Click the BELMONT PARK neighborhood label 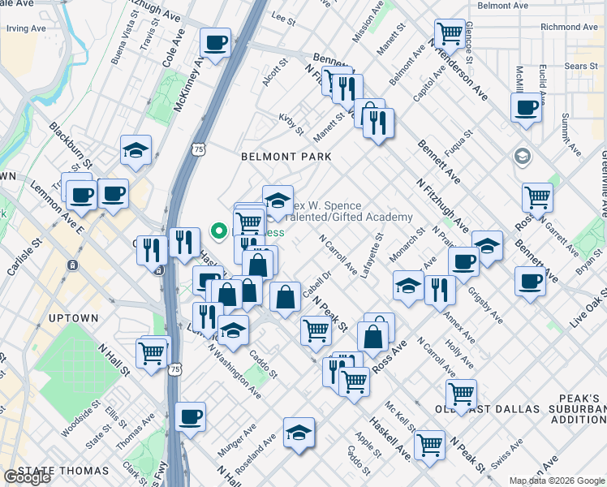tap(285, 156)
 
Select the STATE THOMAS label tap(62, 471)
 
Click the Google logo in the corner tap(27, 477)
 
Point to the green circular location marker tap(217, 232)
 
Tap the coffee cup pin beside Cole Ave tap(215, 42)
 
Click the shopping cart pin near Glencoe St tap(450, 34)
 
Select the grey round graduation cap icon tap(521, 155)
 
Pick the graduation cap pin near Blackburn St tap(136, 149)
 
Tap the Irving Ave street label tap(26, 28)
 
